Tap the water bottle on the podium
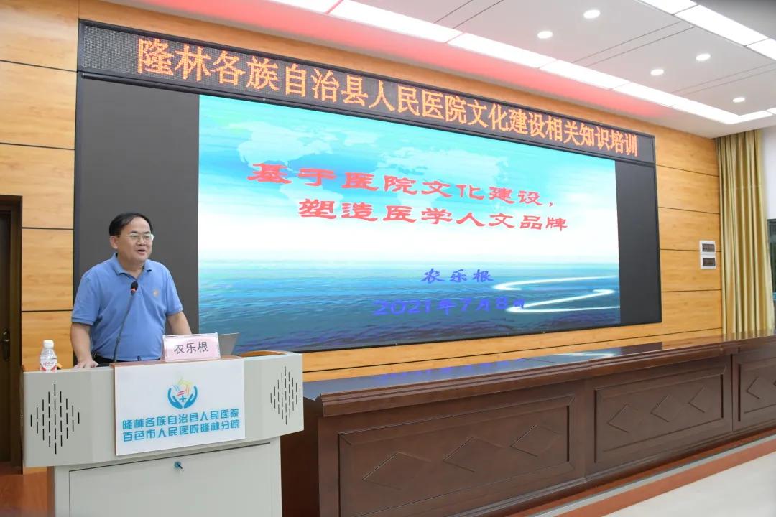pos(48,355)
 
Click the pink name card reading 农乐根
pos(191,348)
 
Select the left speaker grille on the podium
pos(55,419)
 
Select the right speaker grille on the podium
pos(285,395)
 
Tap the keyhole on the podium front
pos(177,465)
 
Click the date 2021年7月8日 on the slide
pos(449,306)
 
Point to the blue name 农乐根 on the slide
pos(457,276)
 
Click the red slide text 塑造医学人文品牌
pos(433,217)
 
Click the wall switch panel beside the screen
pos(708,254)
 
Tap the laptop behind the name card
pos(228,343)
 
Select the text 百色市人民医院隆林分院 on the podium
pos(180,437)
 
